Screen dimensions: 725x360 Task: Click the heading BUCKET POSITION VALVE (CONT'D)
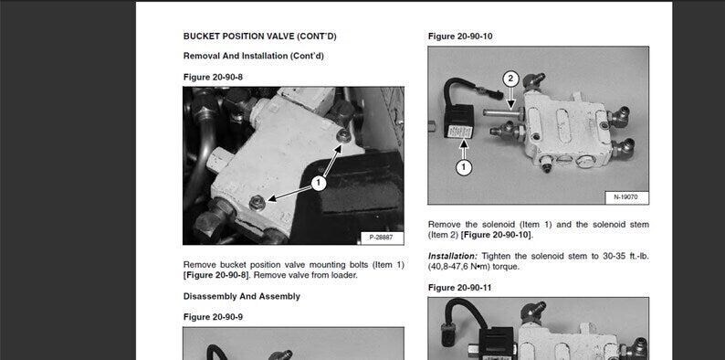260,37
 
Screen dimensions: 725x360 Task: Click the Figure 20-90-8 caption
213,78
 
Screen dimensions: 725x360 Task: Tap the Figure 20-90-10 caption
460,37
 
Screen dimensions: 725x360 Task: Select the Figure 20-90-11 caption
459,288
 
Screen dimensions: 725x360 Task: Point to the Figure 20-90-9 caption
213,317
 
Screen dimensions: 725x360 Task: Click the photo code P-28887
382,238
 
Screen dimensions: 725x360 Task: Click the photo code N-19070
626,197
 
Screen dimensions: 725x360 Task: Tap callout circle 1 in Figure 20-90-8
318,184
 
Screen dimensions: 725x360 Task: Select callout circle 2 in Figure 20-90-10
510,79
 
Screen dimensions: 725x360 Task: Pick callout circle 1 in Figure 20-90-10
464,167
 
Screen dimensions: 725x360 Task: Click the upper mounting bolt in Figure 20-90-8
343,135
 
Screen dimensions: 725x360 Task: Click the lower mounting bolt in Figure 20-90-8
257,202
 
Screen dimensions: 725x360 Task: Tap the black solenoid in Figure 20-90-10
459,122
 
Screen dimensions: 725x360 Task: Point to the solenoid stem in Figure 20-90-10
501,112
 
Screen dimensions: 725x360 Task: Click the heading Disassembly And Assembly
242,296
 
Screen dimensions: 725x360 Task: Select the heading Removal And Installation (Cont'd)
253,56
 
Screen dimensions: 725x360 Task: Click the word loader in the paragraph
344,275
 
